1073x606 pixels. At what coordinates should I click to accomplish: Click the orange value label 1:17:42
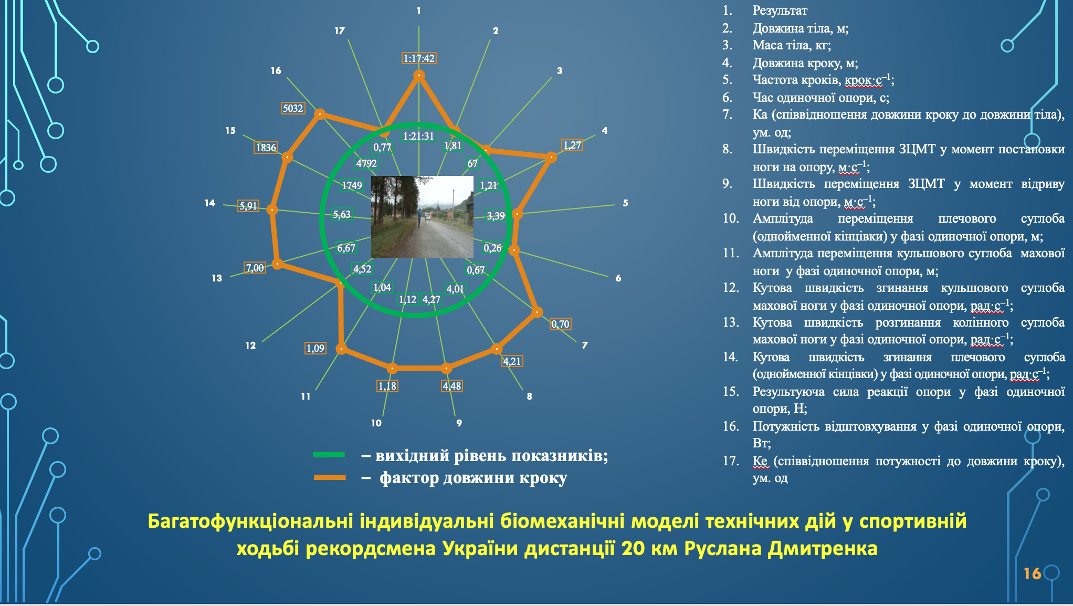point(419,58)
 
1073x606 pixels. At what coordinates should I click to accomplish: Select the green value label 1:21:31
point(418,136)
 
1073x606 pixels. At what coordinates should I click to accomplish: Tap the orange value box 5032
point(293,108)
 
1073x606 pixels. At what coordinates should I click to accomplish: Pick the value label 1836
point(266,148)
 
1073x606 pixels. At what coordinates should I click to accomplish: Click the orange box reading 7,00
point(255,268)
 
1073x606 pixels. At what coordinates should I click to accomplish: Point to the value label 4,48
point(452,386)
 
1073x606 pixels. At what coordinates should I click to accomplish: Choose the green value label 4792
point(366,163)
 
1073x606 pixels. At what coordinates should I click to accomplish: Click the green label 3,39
point(496,216)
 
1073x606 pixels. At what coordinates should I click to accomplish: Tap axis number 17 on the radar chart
point(340,31)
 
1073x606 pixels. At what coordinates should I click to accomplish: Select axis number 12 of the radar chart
point(250,345)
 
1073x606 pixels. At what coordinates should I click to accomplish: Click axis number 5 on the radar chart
point(625,203)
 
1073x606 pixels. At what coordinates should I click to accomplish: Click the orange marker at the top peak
point(419,75)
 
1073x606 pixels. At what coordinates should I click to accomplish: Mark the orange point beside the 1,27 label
point(551,156)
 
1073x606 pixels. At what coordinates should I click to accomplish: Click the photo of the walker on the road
point(422,217)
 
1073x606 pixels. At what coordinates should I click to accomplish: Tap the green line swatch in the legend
point(329,455)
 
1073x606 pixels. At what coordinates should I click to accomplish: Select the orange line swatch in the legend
point(330,477)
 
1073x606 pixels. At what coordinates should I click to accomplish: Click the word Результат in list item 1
point(780,11)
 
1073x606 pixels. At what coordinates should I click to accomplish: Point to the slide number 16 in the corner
point(1032,573)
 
